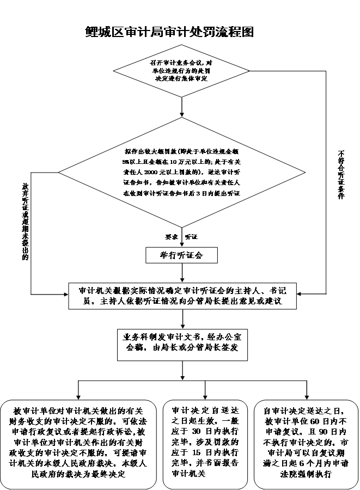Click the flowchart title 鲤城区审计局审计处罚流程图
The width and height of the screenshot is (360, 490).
tap(169, 32)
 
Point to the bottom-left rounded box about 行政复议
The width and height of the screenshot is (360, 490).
tap(78, 443)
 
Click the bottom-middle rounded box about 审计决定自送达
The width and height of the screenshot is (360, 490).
tap(205, 443)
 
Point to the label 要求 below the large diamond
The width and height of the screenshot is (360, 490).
tap(172, 237)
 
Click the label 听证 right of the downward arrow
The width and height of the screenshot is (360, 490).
tap(191, 237)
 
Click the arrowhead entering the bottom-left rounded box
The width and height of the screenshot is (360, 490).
tap(78, 396)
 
